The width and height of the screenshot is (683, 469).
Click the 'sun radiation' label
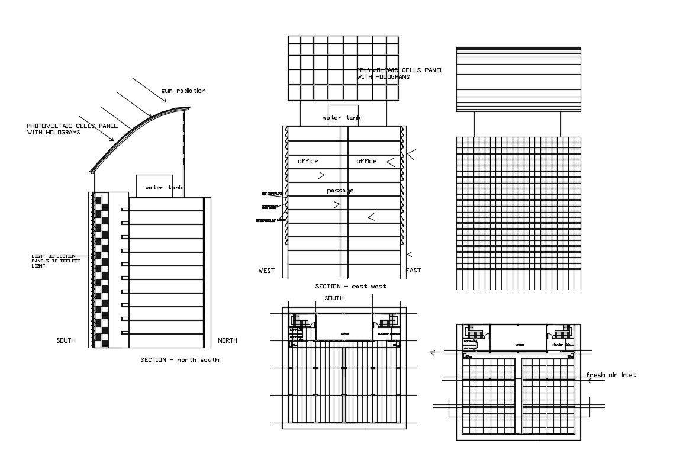(183, 91)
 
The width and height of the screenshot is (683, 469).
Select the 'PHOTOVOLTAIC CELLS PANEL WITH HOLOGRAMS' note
(54, 129)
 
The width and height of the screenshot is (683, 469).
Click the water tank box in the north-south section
(154, 185)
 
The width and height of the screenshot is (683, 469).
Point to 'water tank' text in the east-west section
(341, 118)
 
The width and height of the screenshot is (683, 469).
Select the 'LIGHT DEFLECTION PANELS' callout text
(53, 261)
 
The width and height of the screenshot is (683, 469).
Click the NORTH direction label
(227, 340)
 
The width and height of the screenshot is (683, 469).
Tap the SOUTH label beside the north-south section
(66, 340)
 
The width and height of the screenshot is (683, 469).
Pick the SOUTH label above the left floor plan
(334, 298)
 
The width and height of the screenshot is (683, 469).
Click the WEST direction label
(266, 271)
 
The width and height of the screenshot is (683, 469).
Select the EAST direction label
(413, 271)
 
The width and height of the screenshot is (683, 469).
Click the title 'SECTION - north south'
(179, 359)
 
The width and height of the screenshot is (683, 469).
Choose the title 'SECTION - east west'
(350, 287)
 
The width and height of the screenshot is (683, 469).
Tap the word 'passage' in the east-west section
(340, 191)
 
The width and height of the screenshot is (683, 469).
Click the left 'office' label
(308, 161)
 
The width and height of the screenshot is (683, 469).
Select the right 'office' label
(366, 161)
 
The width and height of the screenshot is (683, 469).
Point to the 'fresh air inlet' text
(611, 375)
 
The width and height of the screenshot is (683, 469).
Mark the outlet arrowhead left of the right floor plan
(433, 352)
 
